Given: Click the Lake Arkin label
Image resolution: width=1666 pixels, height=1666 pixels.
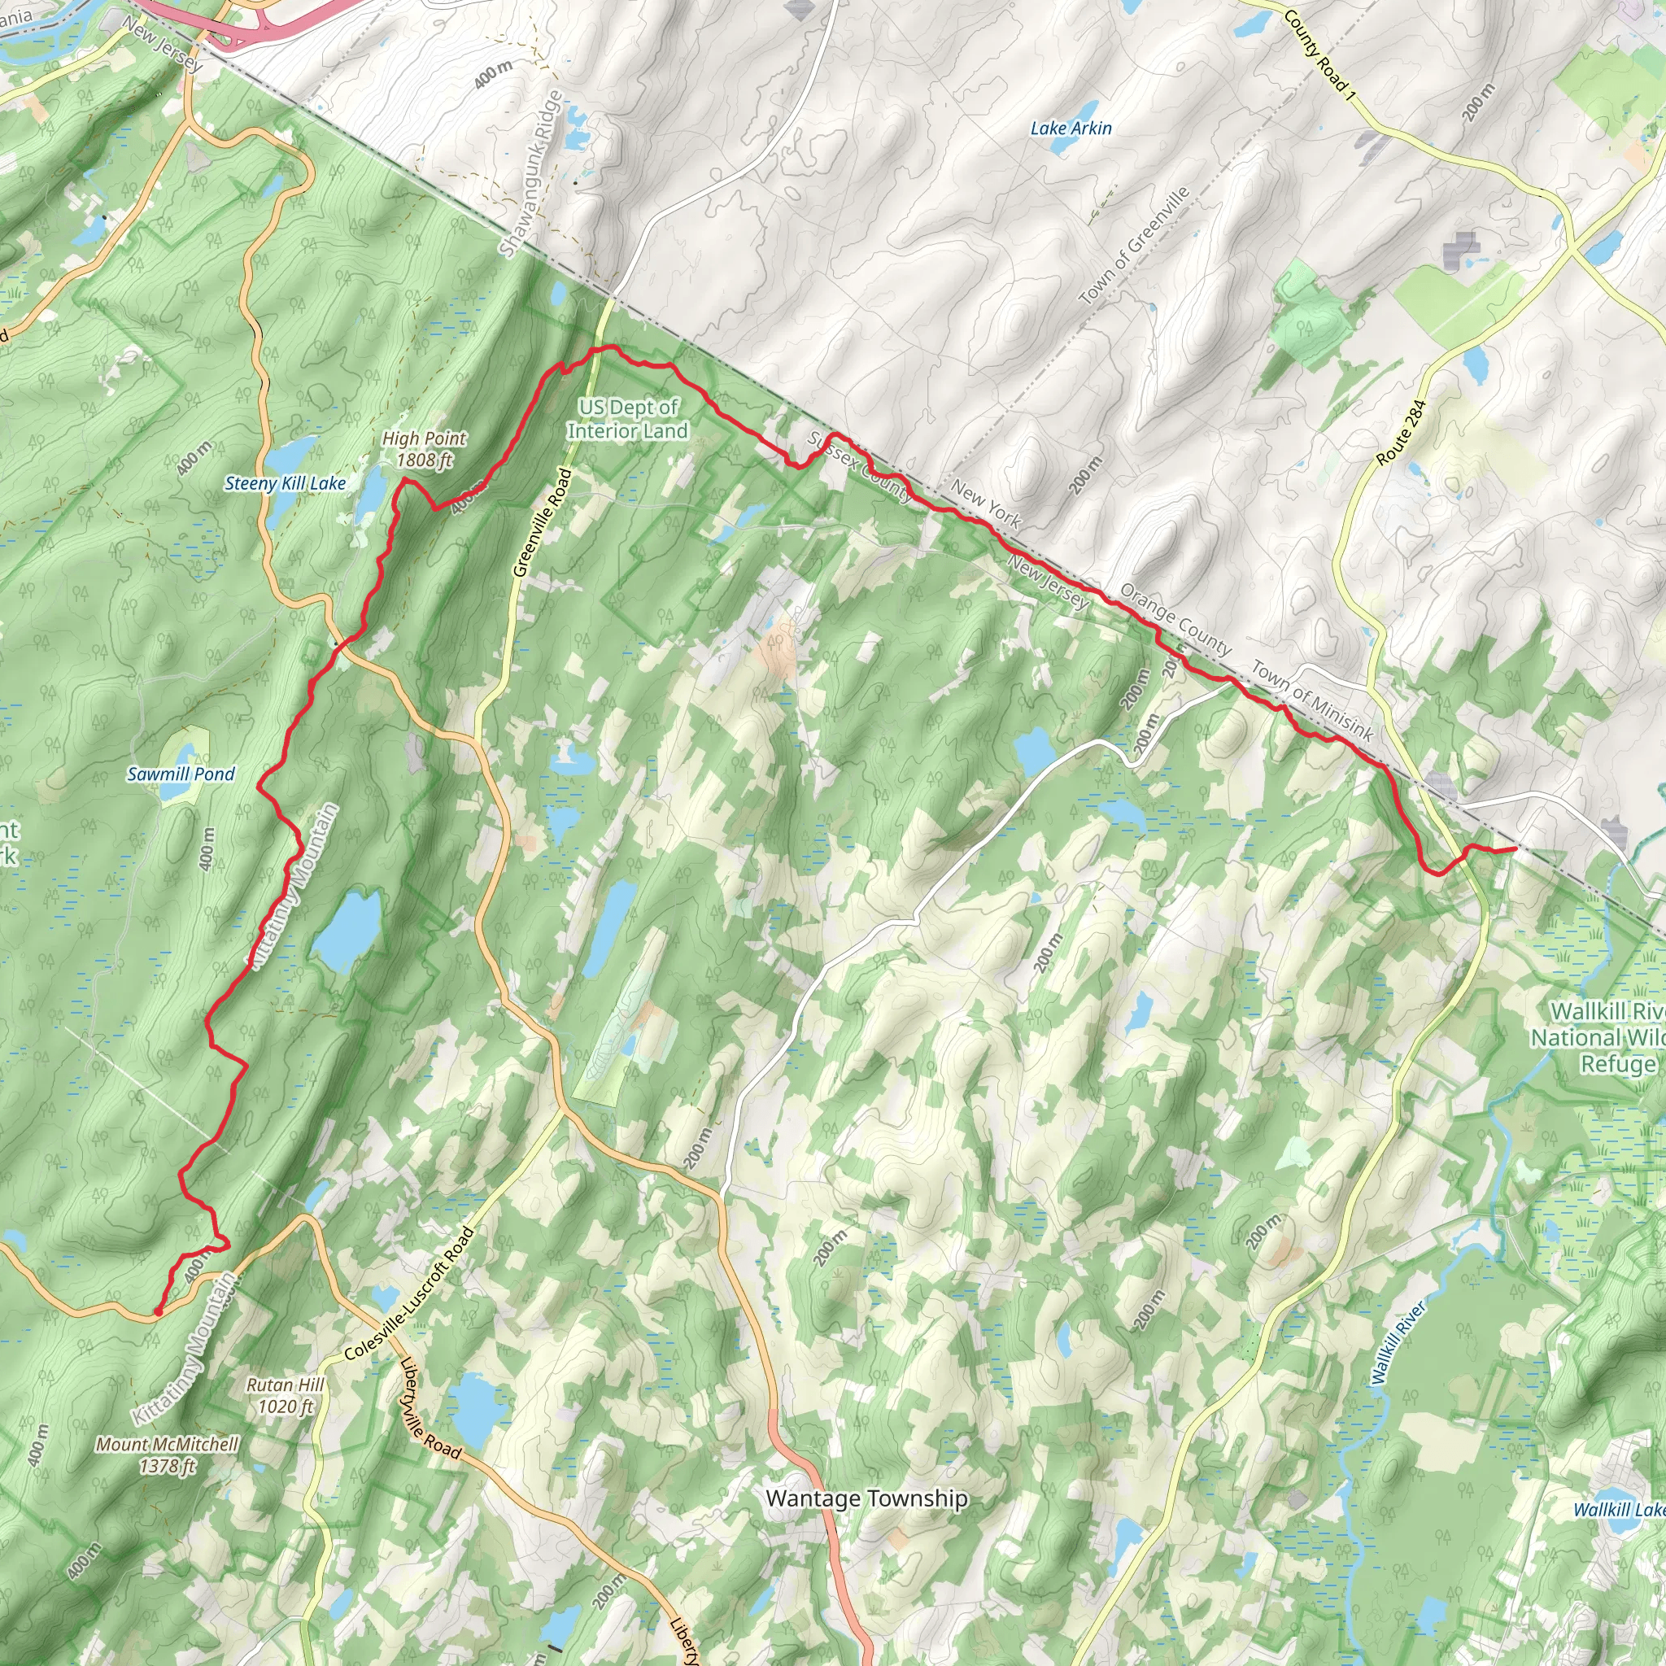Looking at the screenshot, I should click(1071, 129).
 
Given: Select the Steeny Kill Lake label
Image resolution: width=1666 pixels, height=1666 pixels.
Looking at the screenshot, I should click(285, 484).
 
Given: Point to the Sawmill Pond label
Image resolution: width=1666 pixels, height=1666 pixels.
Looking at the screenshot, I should click(181, 774).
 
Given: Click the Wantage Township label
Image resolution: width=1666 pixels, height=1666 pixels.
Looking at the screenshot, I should click(866, 1498).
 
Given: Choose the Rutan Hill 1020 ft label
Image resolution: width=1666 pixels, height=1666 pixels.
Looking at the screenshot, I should click(286, 1395).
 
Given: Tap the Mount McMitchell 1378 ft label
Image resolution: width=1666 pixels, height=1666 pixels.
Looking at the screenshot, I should click(168, 1454).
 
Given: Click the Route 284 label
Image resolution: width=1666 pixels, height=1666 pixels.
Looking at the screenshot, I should click(1401, 433).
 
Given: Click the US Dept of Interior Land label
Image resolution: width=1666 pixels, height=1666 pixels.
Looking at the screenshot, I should click(627, 419).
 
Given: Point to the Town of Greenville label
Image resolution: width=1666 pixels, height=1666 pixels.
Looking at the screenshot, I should click(1134, 245).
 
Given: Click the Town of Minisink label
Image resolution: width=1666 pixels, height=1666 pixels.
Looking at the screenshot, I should click(1311, 700).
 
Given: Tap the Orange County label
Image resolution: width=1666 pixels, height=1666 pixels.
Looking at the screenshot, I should click(1175, 619).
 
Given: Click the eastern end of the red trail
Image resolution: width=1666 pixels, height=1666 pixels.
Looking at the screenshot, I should click(1515, 849).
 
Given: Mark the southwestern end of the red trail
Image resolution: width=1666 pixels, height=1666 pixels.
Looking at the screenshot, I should click(157, 1312).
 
